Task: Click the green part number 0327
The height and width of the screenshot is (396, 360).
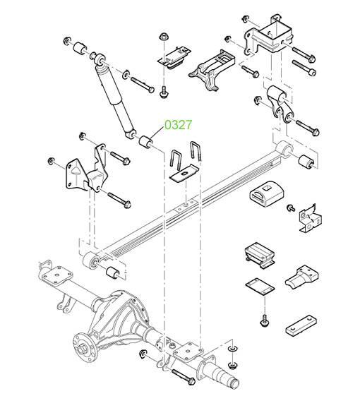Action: [179, 125]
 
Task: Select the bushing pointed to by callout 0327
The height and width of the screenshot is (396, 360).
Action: [145, 142]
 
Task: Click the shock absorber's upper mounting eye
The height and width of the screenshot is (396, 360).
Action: [100, 59]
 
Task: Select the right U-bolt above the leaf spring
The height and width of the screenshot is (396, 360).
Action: [196, 151]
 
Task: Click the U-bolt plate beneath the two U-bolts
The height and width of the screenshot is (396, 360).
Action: [184, 174]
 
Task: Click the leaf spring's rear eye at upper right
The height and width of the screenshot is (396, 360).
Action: [284, 149]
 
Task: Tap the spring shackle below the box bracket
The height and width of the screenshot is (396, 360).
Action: [280, 104]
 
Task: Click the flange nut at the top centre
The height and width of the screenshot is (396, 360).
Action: [164, 37]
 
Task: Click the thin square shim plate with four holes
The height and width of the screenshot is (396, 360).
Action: [260, 287]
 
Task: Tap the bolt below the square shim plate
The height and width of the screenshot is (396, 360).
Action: [264, 320]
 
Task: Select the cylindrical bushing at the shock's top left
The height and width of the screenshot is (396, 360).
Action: [80, 48]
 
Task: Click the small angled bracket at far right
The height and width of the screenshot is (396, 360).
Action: [310, 217]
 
